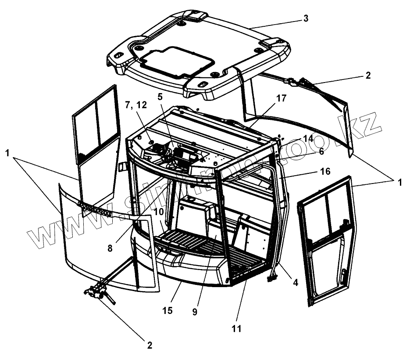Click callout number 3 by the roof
(x=306, y=18)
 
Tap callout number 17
(x=281, y=98)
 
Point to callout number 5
(x=160, y=97)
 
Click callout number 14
(x=308, y=139)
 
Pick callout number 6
(x=321, y=151)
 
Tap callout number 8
(x=110, y=248)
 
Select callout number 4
(x=296, y=283)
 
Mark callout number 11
(x=237, y=328)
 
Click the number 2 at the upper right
(x=367, y=75)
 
